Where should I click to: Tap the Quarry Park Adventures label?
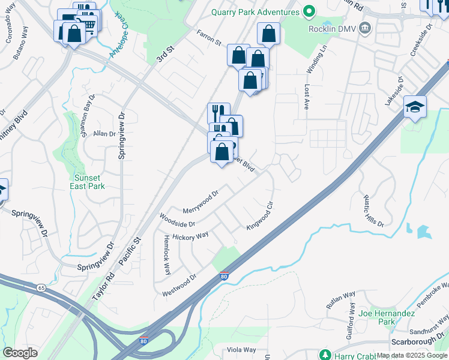(x=255, y=12)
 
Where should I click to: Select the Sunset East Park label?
(x=89, y=182)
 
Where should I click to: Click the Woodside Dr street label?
(x=176, y=220)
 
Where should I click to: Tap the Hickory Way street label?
(x=190, y=236)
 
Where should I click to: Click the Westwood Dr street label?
(x=179, y=286)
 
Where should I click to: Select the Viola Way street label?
(x=241, y=350)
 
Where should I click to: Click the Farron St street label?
(x=207, y=38)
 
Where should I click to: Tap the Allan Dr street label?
(x=104, y=134)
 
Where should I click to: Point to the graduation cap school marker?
(x=415, y=107)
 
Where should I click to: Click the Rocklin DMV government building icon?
(x=364, y=28)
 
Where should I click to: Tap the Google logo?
(x=20, y=353)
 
